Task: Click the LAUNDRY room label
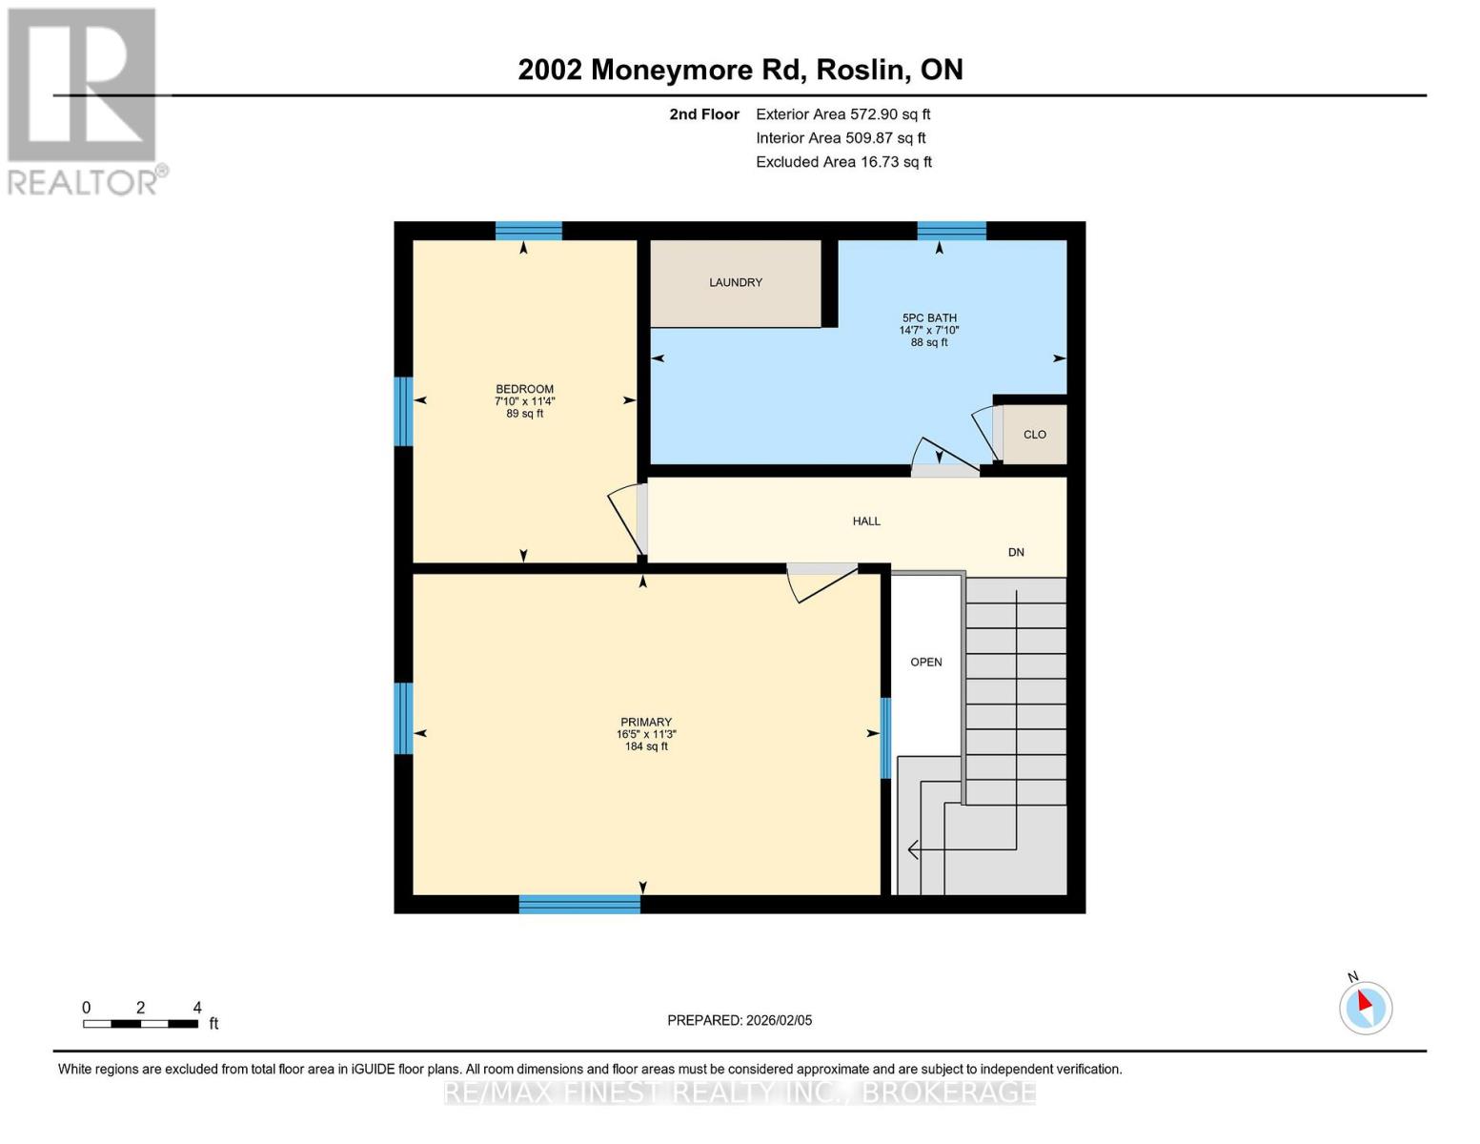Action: pos(735,282)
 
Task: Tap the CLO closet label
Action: pos(1034,435)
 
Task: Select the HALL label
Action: pos(865,521)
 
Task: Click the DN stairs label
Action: pos(1016,553)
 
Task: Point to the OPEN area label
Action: pos(925,663)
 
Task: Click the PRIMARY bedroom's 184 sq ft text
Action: pos(646,747)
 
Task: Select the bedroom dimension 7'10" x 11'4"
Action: pos(524,401)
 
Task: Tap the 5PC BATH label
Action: pos(929,318)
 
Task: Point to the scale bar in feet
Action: pos(141,1024)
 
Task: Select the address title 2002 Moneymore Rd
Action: pos(740,70)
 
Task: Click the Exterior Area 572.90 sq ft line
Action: pos(842,114)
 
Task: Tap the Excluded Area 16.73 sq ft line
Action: pos(842,162)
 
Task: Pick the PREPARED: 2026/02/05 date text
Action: pos(740,1020)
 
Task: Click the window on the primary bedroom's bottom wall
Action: pos(579,904)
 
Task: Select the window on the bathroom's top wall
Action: pos(951,231)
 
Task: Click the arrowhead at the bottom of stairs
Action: pos(913,848)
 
